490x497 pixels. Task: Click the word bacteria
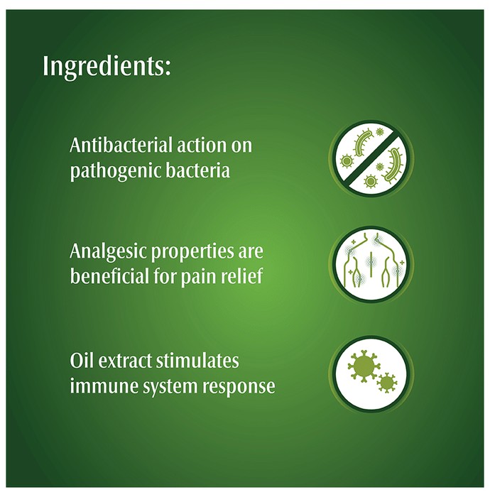(198, 170)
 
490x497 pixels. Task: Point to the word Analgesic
(107, 252)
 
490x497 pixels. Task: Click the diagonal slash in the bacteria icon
(371, 158)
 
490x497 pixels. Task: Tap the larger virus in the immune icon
(363, 366)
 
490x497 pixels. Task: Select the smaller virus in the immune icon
(387, 383)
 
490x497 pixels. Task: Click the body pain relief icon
(371, 263)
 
